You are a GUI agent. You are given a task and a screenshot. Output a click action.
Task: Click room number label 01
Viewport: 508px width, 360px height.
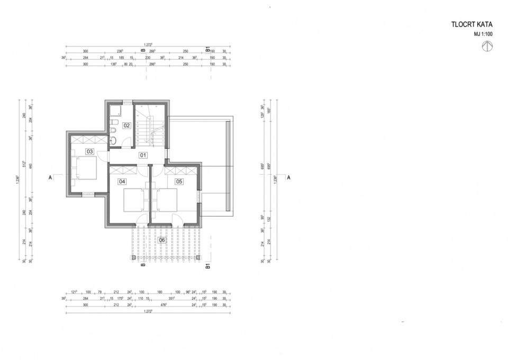click(x=143, y=155)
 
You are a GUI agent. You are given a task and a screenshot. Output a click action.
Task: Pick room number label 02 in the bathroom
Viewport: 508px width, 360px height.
click(x=126, y=125)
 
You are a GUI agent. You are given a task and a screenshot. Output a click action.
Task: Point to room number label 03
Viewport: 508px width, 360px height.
click(x=90, y=151)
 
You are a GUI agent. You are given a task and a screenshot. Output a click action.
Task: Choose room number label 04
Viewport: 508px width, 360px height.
click(x=122, y=182)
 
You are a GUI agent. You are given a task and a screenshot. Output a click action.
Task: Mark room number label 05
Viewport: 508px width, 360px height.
click(x=179, y=182)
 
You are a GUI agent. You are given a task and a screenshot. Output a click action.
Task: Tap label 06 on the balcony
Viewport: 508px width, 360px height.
click(x=161, y=240)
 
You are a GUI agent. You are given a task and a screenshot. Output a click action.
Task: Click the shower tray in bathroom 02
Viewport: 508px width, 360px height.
click(x=115, y=111)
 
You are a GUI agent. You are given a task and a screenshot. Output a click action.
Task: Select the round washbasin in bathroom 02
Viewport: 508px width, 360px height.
click(x=113, y=140)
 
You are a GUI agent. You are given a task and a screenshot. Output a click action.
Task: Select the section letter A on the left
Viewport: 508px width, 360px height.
click(x=50, y=178)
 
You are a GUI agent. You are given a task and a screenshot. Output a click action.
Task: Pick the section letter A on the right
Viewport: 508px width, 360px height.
click(x=288, y=178)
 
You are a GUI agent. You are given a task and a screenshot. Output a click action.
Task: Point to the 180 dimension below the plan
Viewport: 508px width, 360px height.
click(x=159, y=291)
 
